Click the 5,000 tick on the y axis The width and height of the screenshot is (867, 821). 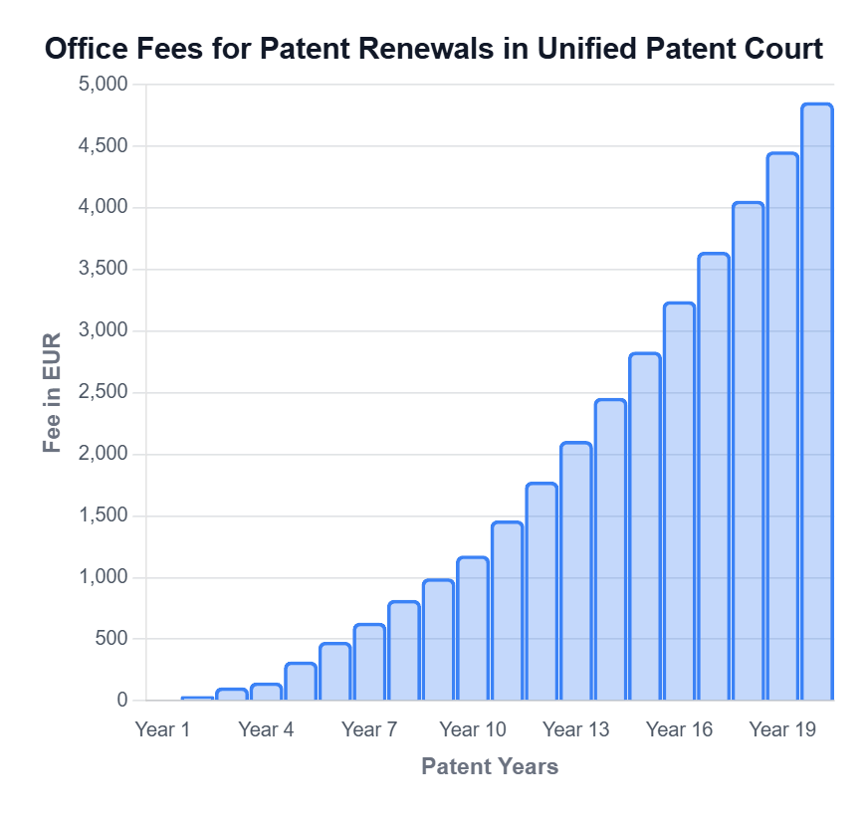(x=103, y=85)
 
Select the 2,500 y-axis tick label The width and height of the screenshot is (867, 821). (x=103, y=392)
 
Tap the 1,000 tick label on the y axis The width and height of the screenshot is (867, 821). (x=103, y=577)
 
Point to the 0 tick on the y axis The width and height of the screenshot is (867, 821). (x=122, y=701)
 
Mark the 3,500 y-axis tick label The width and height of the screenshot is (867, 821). (x=103, y=270)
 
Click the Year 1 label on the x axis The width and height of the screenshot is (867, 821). (x=162, y=729)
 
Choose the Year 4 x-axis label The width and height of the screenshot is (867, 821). (x=266, y=729)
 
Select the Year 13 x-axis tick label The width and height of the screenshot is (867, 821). (x=575, y=729)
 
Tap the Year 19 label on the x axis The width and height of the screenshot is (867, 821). (x=782, y=729)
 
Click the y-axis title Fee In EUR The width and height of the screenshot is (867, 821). (x=53, y=392)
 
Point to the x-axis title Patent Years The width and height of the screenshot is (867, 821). (x=489, y=766)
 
